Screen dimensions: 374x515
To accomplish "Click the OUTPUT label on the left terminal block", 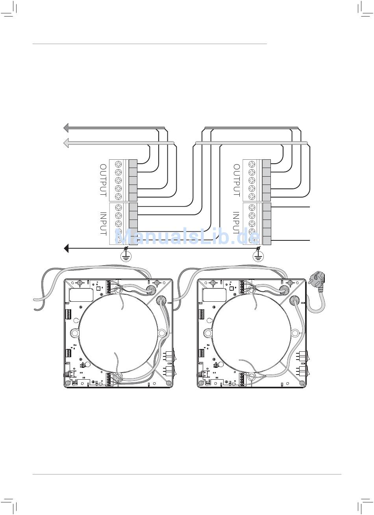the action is pyautogui.click(x=103, y=180).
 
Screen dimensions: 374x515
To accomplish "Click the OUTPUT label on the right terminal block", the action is pyautogui.click(x=237, y=180).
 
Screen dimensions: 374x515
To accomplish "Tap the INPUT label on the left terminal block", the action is pyautogui.click(x=103, y=223).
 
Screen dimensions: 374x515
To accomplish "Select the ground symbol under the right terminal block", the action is pyautogui.click(x=259, y=256).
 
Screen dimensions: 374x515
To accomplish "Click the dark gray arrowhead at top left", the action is pyautogui.click(x=66, y=127).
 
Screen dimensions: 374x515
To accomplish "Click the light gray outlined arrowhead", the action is pyautogui.click(x=66, y=143).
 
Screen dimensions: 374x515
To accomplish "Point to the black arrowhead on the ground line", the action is pyautogui.click(x=66, y=248).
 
